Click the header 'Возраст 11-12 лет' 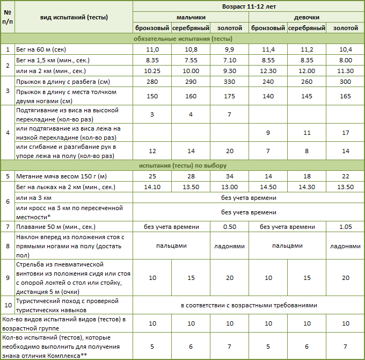pos(249,6)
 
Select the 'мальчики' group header pos(191,17)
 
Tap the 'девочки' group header pos(306,17)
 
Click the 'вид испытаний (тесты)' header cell pos(74,17)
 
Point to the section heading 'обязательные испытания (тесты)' pos(182,39)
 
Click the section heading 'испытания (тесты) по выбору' pos(182,165)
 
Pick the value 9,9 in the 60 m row pos(230,49)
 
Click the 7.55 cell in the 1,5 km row pos(191,60)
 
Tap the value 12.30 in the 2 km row pos(268,71)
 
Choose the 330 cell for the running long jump pos(230,82)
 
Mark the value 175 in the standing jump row pos(230,96)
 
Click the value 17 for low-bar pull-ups pos(345,132)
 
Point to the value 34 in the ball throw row pos(230,176)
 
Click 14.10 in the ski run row pos(152,187)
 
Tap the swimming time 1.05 pos(345,227)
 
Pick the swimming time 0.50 pos(230,227)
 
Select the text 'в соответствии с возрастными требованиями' pos(249,305)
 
